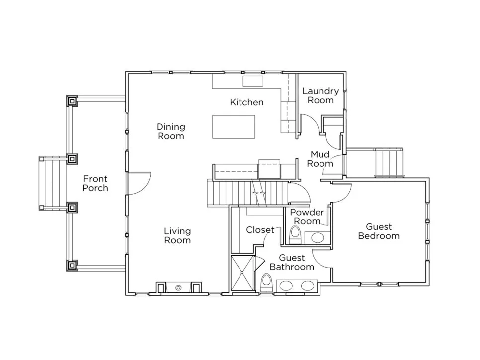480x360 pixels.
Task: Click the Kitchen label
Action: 247,102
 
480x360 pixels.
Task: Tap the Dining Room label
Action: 171,131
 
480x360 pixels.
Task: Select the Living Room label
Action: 177,236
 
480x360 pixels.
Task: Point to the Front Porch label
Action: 95,183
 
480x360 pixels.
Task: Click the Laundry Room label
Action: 320,96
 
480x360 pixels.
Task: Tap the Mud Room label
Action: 320,159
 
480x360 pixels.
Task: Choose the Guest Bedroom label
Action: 379,231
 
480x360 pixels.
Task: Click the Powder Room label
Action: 307,216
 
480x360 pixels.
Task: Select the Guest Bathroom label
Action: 292,263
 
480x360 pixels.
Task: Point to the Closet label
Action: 260,230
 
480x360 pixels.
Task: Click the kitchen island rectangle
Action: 234,127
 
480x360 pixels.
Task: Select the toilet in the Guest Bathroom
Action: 267,283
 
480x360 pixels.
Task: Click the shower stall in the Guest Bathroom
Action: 242,272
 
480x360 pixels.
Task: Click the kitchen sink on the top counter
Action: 253,81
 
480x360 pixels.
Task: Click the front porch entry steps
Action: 53,183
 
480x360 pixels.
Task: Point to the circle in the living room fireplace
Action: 179,288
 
